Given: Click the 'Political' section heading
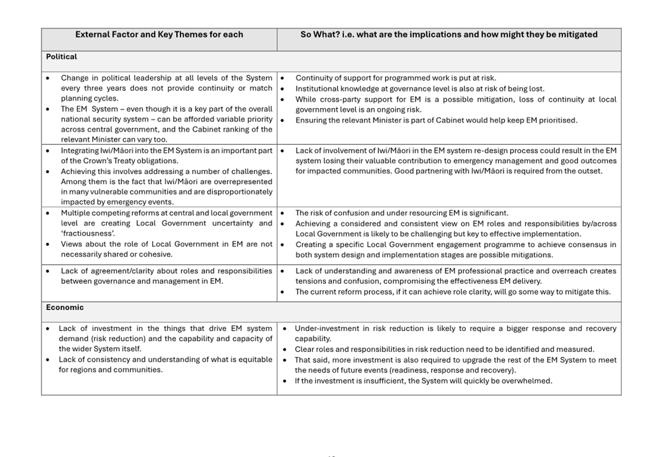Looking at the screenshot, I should click(61, 56).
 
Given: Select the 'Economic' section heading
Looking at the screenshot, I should click(65, 307).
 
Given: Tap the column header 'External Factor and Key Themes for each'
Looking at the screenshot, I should click(159, 35).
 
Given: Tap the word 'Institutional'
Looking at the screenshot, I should click(317, 88).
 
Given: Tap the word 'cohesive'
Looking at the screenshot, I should click(157, 254).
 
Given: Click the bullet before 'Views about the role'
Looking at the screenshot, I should click(48, 244).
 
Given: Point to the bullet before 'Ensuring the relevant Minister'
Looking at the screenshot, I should click(282, 120).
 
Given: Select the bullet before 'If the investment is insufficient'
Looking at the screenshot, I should click(284, 381).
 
